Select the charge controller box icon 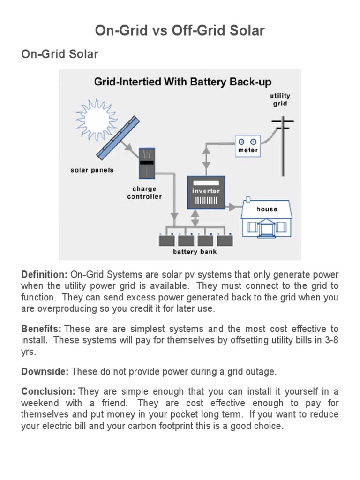[x=148, y=163]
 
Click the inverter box [x=206, y=192]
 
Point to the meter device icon [x=247, y=145]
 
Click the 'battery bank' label [x=195, y=252]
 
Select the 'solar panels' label [x=92, y=170]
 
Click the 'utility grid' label [x=280, y=99]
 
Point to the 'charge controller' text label [x=144, y=193]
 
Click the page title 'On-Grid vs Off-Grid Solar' [x=180, y=31]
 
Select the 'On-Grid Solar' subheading [x=60, y=54]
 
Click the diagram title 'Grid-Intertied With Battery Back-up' [x=183, y=82]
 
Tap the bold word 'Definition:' [x=45, y=275]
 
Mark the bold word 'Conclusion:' [x=48, y=391]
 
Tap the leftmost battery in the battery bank [x=166, y=240]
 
